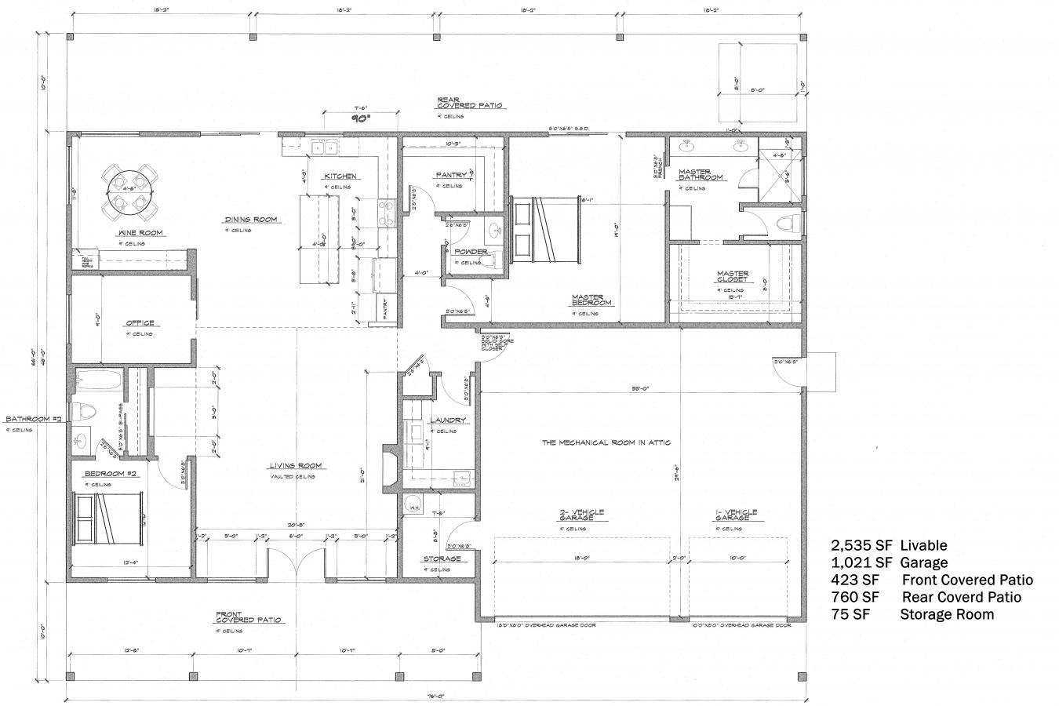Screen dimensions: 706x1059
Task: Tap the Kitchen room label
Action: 340,176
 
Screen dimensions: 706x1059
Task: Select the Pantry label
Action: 451,175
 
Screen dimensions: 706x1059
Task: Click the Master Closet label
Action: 733,277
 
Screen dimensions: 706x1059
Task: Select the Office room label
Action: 140,323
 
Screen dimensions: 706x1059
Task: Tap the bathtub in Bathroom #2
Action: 99,384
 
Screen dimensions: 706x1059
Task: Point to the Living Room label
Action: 297,466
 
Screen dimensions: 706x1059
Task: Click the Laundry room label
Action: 448,420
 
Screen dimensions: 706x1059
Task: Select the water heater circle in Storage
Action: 413,507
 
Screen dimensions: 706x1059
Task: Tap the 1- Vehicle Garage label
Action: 736,515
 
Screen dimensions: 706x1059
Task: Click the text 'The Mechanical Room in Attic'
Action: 606,442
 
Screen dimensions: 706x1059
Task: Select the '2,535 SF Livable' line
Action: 889,545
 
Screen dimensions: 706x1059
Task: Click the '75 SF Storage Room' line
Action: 912,614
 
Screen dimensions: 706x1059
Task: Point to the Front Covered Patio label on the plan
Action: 249,617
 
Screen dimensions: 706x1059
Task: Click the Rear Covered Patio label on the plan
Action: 471,103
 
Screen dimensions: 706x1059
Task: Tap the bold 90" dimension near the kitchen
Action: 361,119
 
